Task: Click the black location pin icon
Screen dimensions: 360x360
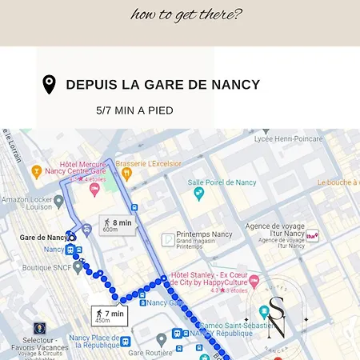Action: (49, 85)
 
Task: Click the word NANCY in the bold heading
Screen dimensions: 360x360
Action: (237, 85)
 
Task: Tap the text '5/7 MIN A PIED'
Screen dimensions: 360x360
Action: (134, 110)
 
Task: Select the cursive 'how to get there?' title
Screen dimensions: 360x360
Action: (186, 14)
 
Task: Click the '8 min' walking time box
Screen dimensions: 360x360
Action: (116, 225)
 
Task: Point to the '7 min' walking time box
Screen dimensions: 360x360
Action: (109, 316)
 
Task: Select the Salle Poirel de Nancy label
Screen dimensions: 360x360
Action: (222, 182)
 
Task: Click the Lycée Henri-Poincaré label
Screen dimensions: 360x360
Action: (288, 138)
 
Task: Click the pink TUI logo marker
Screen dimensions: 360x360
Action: (312, 236)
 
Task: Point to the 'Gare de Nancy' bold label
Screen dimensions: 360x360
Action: (43, 238)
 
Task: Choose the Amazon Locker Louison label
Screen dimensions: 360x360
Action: (27, 203)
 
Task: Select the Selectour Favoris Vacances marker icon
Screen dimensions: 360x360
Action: (39, 327)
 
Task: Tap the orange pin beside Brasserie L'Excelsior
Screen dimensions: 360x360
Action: (109, 164)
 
